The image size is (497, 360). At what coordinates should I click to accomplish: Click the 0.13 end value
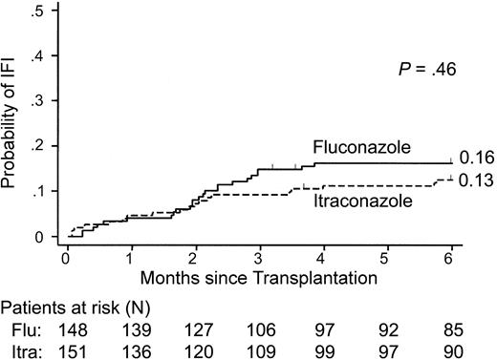(x=475, y=179)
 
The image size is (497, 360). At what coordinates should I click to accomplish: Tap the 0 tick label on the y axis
(x=39, y=237)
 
